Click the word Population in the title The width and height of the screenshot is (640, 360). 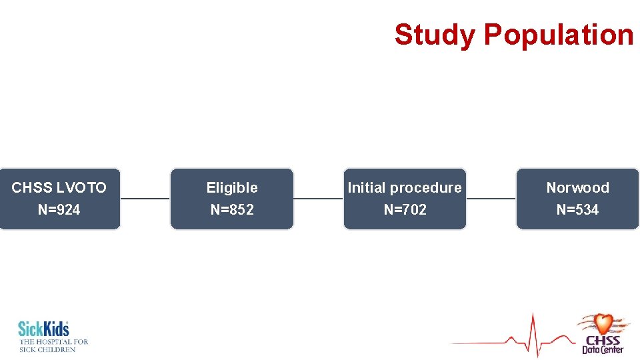[559, 35]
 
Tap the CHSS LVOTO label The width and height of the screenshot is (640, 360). [59, 188]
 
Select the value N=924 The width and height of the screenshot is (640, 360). [59, 210]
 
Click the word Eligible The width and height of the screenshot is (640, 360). [232, 188]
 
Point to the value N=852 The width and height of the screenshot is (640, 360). [232, 210]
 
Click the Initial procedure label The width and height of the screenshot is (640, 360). [405, 188]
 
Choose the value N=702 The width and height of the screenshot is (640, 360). [405, 210]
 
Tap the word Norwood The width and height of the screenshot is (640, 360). [577, 188]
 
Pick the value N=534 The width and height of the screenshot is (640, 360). [577, 210]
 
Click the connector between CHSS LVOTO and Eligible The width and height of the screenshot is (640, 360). [145, 199]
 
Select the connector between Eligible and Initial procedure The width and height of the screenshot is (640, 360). [318, 199]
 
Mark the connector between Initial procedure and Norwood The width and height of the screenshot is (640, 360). [491, 199]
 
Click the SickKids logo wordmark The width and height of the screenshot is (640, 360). [43, 329]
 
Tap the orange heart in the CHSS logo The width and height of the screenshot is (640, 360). [603, 324]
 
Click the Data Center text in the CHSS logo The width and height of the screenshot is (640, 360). [603, 349]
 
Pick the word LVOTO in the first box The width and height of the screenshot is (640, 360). [82, 188]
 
